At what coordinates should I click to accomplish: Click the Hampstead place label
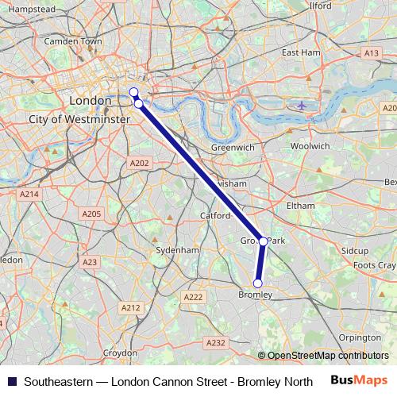pos(33,8)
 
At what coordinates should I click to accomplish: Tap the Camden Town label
pos(74,40)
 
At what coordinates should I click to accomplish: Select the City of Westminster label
pos(79,118)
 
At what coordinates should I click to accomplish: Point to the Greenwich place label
pos(233,148)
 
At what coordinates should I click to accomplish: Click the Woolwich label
pos(310,146)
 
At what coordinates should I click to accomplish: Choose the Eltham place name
pos(301,205)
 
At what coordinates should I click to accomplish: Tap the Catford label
pos(214,214)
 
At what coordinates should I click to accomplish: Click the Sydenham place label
pos(177,249)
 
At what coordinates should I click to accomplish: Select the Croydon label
pos(120,353)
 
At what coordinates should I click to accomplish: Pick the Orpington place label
pos(360,337)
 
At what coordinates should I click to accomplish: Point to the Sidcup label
pos(355,250)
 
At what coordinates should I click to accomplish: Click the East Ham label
pos(300,52)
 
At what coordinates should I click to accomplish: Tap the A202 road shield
pos(138,163)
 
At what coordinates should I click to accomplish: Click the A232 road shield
pos(215,343)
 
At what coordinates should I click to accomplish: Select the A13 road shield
pos(371,52)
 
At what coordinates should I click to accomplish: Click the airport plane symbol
pos(301,105)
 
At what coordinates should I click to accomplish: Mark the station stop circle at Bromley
pos(257,283)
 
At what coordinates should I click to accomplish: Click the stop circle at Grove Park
pos(263,241)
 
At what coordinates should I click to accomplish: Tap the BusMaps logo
pos(359,380)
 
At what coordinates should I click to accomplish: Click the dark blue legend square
pos(12,381)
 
